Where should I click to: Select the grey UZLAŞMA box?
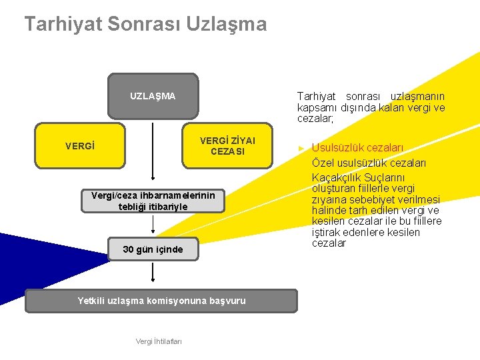point(153,96)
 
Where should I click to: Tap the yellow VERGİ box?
point(79,145)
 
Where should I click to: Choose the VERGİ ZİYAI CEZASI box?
point(227,145)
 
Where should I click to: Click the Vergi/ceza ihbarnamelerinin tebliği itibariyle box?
point(153,201)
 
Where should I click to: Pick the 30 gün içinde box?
point(153,249)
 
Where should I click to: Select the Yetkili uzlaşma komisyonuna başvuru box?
point(161,301)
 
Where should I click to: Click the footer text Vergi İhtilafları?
point(159,341)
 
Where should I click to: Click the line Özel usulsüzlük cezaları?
point(369,163)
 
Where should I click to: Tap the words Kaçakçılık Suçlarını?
point(358,177)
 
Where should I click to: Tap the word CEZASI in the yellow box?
point(227,151)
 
